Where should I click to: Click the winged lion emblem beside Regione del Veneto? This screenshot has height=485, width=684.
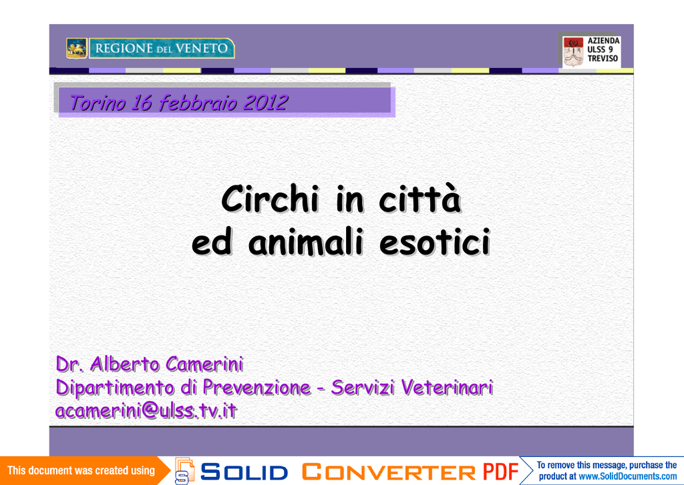coord(76,49)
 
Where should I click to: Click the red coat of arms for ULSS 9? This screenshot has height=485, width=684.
coord(573,51)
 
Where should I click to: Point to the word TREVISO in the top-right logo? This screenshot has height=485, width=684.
coord(603,59)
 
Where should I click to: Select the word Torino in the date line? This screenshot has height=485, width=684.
coord(98,103)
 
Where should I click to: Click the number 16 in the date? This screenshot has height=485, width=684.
coord(142,103)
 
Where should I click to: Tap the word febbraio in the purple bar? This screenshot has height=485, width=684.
coord(198,103)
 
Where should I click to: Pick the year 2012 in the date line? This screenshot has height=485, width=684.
coord(266,103)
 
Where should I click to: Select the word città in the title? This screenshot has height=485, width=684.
coord(419,199)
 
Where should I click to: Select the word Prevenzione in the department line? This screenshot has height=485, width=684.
coord(256,388)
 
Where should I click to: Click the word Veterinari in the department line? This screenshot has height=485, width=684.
coord(447,387)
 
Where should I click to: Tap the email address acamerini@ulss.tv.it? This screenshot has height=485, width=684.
coord(146,410)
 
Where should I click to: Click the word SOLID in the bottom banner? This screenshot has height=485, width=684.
coord(244,472)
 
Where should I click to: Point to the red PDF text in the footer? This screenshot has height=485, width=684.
coord(500,472)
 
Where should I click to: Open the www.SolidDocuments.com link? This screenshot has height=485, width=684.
coord(628,477)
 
